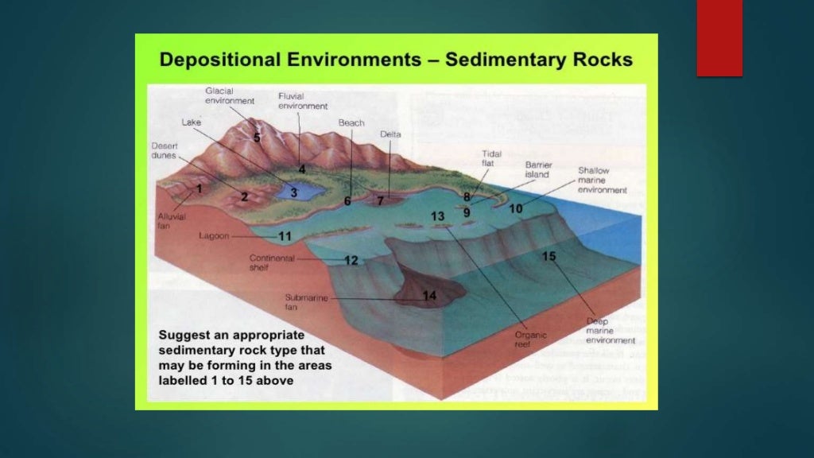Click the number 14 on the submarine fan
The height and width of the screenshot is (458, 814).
pos(429,296)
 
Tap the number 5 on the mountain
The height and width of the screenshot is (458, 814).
pos(257,137)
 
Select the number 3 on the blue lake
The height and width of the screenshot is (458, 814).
pos(293,192)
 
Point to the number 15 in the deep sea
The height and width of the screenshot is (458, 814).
pos(548,256)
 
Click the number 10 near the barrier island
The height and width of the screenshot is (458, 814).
pos(516,208)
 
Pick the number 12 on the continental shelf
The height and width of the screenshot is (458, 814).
pos(351,260)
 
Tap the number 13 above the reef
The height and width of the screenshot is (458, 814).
pos(438,216)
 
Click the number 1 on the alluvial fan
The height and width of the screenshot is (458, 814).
pos(199,189)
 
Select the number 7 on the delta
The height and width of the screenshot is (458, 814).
pos(380,200)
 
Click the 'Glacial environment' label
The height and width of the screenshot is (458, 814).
pos(230,96)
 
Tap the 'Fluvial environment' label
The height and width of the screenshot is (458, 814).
pos(303,101)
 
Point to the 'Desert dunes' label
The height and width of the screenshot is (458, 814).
pos(165,150)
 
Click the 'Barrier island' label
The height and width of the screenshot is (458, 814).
pos(538,169)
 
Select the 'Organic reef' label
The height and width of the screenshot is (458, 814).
pos(530,340)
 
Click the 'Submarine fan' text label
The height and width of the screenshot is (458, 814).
pos(303,302)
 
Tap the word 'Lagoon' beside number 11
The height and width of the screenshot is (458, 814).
pos(215,236)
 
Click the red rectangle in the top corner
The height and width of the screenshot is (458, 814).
pos(719,38)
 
